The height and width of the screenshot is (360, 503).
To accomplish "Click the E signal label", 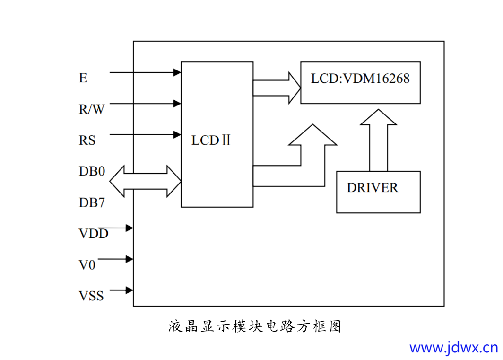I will coord(83,78).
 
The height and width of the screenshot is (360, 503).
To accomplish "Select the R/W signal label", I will coord(92,109).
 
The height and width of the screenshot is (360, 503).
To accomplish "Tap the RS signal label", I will coord(87,140).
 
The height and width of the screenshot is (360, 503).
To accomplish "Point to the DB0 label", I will coord(92,171).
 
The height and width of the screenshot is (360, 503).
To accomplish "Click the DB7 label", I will coord(92,202).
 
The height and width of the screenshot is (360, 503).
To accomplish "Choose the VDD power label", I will coord(94,234).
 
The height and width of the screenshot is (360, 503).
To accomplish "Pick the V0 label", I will coord(87,265).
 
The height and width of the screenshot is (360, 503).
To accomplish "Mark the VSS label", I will coord(91,296).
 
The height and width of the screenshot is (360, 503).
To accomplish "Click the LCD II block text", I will coord(211,140).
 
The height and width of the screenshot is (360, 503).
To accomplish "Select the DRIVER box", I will coord(378,192).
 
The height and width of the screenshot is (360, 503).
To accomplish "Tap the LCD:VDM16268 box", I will coord(360,82).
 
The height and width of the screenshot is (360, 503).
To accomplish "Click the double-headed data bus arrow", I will coord(145,181).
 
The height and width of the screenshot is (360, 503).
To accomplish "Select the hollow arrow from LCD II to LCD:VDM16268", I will coord(277,88).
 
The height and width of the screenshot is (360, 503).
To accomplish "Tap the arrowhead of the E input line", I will coord(177,72).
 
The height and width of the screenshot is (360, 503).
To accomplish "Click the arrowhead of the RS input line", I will coord(177,135).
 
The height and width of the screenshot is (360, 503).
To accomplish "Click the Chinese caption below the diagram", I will coord(255,326).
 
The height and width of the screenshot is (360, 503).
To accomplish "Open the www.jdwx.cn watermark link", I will coord(453,348).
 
